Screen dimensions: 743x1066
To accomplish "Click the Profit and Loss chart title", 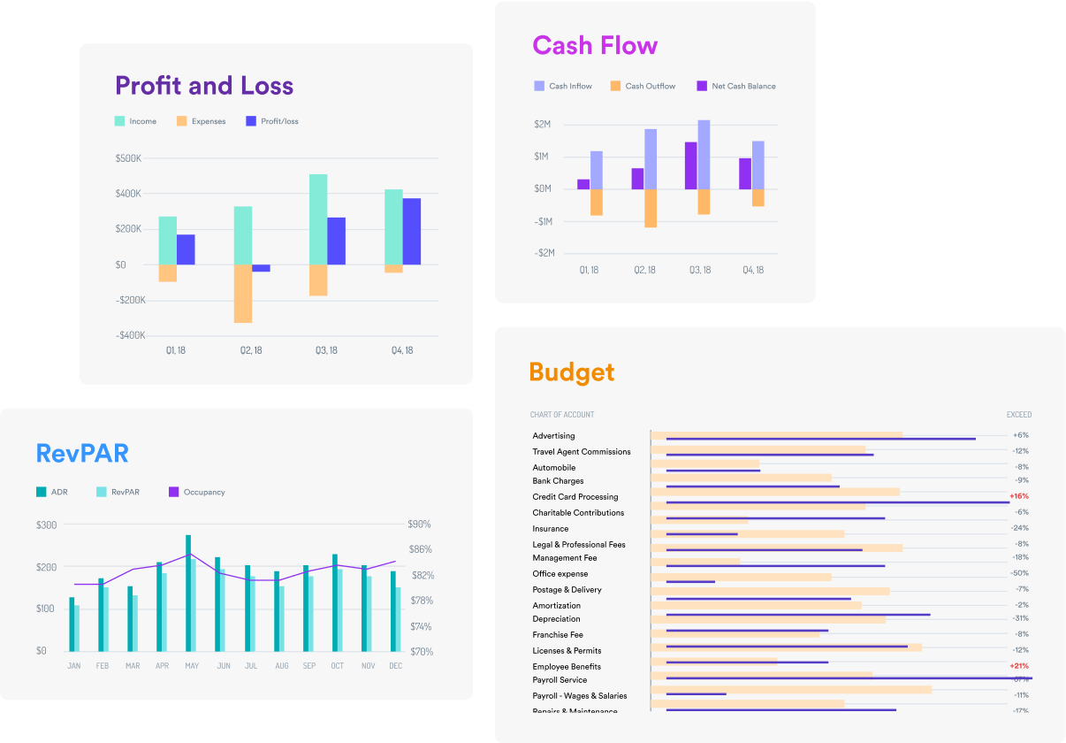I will click(204, 86).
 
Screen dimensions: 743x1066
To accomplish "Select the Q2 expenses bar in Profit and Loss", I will click(243, 294).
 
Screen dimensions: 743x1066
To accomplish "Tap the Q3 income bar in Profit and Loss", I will click(318, 219).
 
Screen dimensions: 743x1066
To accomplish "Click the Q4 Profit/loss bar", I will click(411, 231).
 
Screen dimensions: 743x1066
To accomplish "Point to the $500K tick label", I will click(128, 158).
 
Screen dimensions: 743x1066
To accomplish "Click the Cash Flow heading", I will click(595, 45).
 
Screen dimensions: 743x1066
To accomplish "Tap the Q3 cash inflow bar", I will click(704, 154).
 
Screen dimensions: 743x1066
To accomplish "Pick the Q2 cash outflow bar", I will click(651, 208).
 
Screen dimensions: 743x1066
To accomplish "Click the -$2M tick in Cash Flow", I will click(544, 253).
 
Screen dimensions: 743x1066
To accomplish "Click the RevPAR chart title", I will click(82, 454).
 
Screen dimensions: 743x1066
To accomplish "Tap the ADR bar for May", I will click(188, 593).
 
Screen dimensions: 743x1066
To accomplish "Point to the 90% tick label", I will click(420, 525).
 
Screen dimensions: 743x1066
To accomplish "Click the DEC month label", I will click(395, 665).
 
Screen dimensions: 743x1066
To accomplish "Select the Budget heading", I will click(571, 372).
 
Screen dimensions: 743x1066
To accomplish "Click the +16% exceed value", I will click(1019, 496).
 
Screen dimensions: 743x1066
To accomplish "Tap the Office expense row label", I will click(560, 574).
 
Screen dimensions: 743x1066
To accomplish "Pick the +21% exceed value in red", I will click(1019, 665).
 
